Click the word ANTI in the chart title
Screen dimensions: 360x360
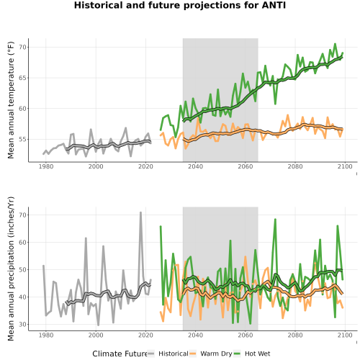(x=274, y=5)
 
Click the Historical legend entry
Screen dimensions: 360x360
(x=168, y=354)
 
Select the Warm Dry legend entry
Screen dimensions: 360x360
(x=211, y=354)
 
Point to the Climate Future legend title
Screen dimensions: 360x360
(x=120, y=354)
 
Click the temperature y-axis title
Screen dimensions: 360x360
(x=11, y=100)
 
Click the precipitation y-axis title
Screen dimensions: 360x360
(x=11, y=269)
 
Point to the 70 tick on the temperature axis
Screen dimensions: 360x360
(x=22, y=47)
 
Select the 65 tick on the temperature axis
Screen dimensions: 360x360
(x=22, y=78)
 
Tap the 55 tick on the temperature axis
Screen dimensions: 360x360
(x=22, y=139)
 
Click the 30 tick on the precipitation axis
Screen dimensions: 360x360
(x=22, y=324)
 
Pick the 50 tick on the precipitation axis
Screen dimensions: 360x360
(x=22, y=269)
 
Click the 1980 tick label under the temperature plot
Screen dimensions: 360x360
(x=46, y=166)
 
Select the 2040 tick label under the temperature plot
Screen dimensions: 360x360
(x=195, y=166)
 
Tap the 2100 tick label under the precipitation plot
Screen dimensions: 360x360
(x=345, y=335)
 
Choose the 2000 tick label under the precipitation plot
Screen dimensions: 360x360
(x=96, y=335)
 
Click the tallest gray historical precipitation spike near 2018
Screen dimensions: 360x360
(x=140, y=212)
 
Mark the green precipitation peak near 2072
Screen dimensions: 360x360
(x=275, y=220)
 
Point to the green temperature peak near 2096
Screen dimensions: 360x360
(x=335, y=44)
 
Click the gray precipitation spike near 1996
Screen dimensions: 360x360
(x=86, y=238)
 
